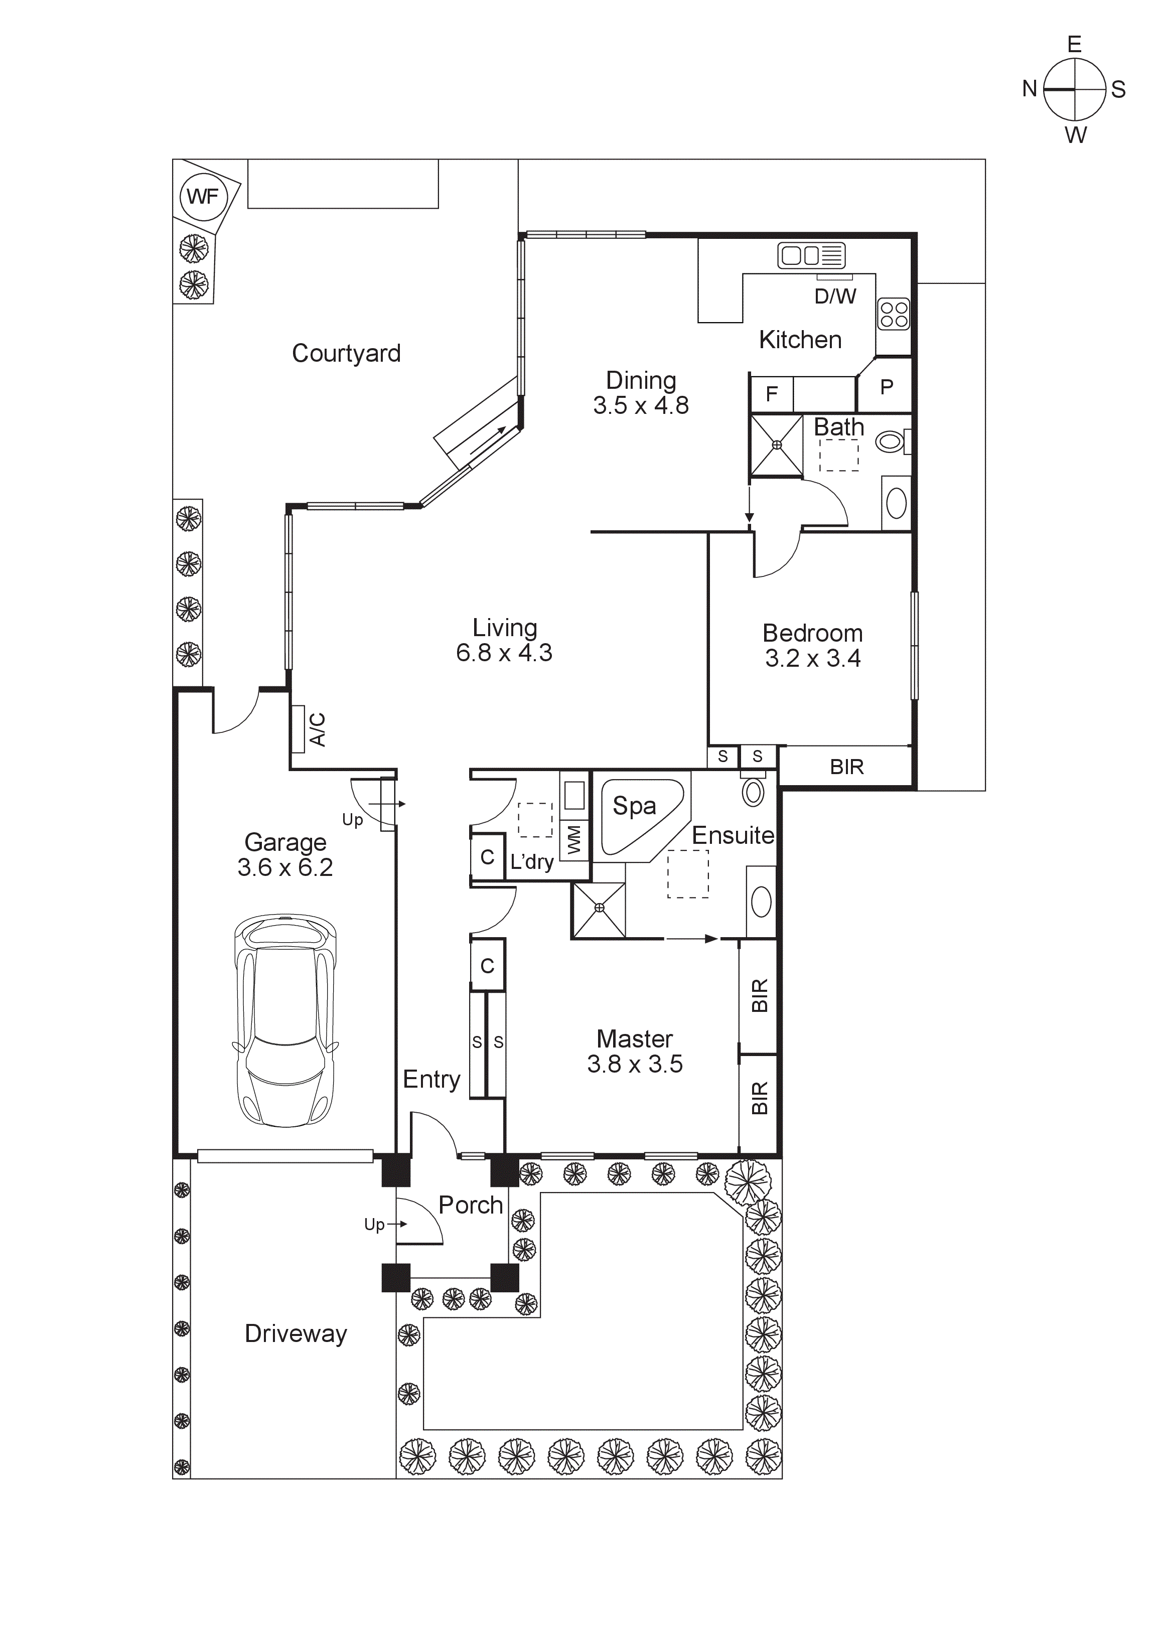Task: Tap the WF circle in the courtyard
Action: click(203, 196)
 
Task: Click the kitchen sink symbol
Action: click(811, 255)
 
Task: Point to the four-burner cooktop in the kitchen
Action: click(893, 314)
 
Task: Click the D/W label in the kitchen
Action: click(835, 296)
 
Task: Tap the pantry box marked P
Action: click(886, 387)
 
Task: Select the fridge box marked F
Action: click(771, 394)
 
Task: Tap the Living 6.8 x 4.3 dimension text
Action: click(504, 652)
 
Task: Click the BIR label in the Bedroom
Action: click(847, 767)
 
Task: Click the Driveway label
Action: click(296, 1333)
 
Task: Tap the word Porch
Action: click(470, 1205)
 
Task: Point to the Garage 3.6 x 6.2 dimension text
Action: click(285, 867)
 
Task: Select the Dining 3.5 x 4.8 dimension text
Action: click(641, 405)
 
